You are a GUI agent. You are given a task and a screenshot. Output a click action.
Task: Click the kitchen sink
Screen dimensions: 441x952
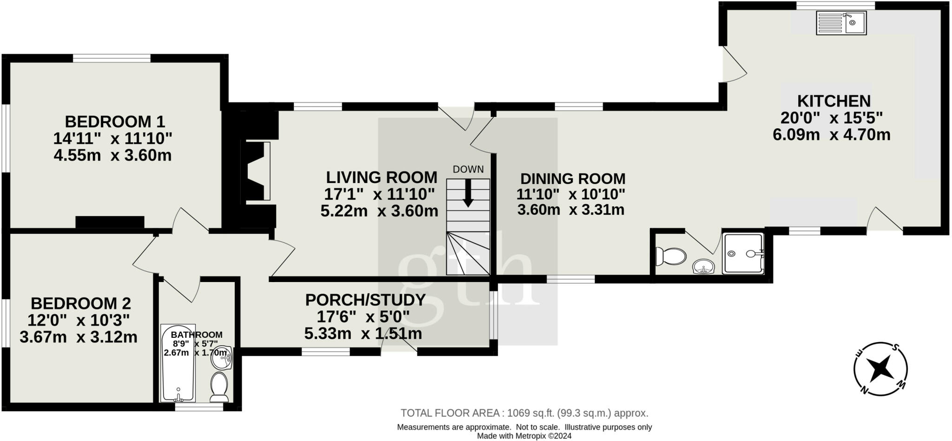(841, 23)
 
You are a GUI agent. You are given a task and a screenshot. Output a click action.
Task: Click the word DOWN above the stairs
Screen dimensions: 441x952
(468, 170)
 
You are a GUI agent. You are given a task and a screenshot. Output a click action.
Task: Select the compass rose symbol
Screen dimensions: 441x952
(880, 369)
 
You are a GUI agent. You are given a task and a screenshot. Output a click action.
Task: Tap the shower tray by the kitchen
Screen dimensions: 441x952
(743, 253)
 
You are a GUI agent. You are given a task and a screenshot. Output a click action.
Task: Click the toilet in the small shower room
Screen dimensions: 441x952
(671, 256)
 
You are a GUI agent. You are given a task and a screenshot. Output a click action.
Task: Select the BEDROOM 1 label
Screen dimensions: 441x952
(115, 122)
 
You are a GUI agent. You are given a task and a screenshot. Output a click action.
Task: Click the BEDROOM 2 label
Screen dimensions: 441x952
(81, 303)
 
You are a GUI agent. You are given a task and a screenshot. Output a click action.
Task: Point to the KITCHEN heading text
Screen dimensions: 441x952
(834, 101)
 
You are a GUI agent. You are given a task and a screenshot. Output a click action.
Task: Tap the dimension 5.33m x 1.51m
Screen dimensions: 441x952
(363, 334)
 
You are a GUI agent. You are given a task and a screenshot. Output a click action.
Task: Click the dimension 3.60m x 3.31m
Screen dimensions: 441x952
(570, 210)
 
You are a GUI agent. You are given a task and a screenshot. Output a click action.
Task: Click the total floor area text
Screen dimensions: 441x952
(524, 413)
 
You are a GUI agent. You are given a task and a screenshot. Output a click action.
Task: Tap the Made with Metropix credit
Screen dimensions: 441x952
(524, 436)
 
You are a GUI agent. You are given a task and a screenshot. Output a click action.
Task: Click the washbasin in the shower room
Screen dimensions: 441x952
(703, 268)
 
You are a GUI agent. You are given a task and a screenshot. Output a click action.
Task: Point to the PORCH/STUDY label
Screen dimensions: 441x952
(365, 300)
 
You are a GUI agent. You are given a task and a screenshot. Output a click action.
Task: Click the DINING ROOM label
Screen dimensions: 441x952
(573, 178)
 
